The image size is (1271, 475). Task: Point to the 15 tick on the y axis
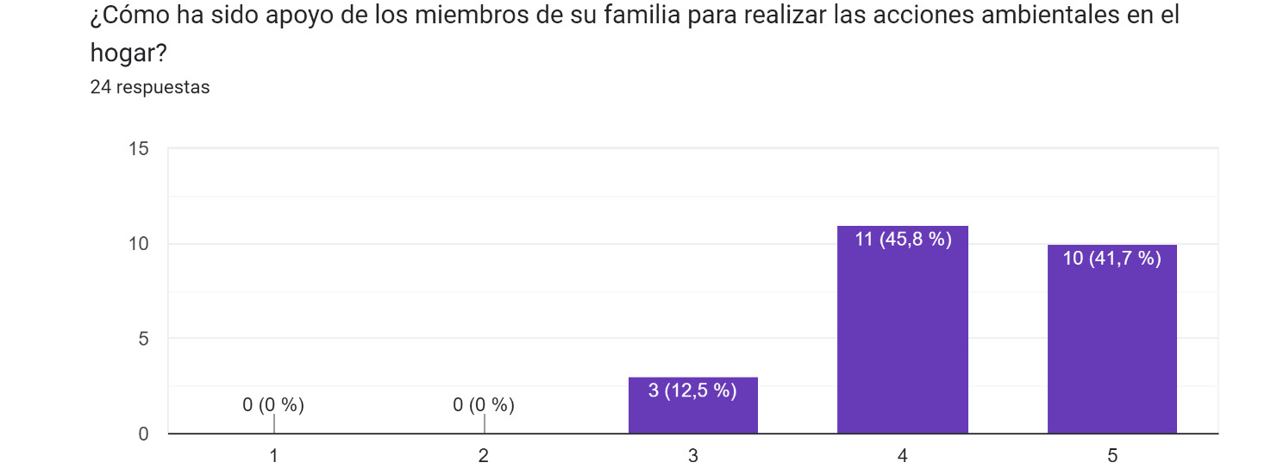139,149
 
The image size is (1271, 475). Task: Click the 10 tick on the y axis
139,244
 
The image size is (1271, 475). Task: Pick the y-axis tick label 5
144,339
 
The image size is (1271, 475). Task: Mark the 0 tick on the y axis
144,434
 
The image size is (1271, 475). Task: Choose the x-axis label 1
274,457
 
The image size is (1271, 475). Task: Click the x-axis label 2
484,457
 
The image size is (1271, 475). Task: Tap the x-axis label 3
693,457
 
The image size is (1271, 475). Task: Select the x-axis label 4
903,457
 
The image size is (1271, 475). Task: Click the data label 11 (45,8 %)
903,240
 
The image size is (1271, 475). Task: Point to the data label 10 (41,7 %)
1112,258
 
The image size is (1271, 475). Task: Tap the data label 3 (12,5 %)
692,391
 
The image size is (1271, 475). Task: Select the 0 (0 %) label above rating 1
273,404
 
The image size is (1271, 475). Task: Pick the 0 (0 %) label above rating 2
484,404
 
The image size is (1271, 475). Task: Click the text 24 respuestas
150,87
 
